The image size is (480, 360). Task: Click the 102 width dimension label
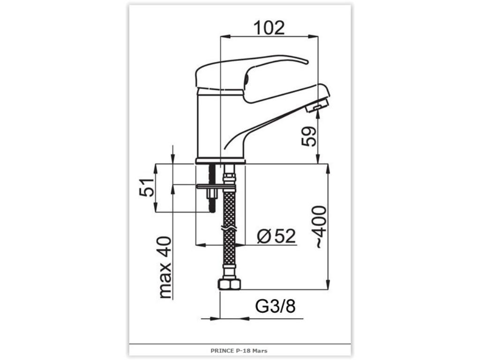tap(270, 28)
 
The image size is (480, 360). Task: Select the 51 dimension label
tap(147, 187)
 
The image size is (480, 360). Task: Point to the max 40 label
tap(165, 267)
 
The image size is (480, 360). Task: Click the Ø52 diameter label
tap(276, 236)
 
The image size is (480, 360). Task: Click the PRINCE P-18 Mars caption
tap(239, 351)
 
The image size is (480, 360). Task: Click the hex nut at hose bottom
tap(229, 285)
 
